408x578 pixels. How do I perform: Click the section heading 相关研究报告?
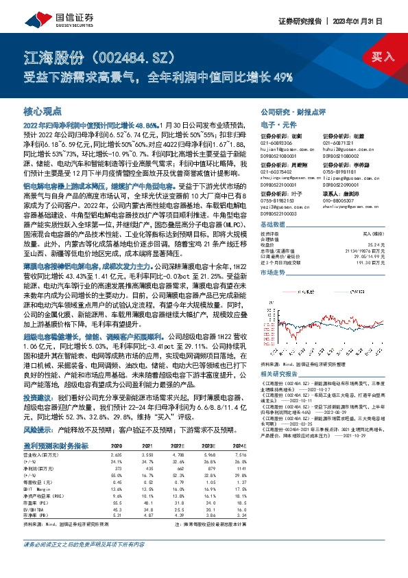pos(281,373)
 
